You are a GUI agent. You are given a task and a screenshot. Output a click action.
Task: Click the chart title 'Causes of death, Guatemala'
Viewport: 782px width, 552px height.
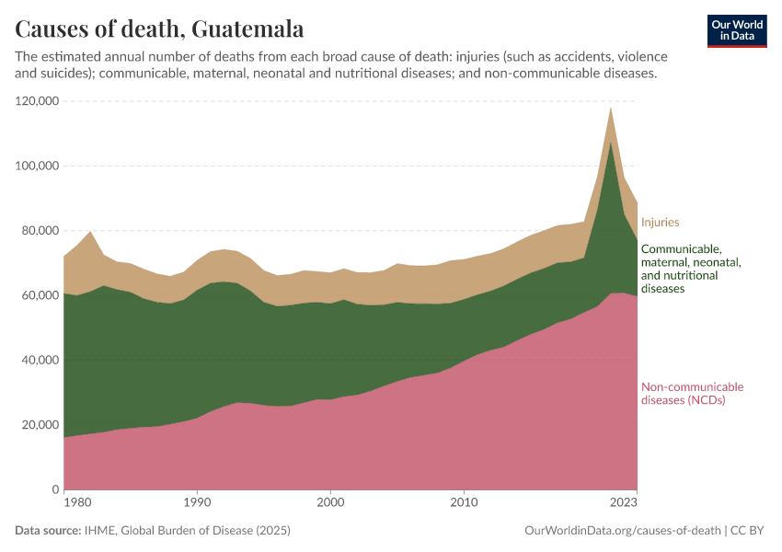pyautogui.click(x=159, y=29)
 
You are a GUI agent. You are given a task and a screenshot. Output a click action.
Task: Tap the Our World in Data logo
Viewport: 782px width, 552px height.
pyautogui.click(x=737, y=30)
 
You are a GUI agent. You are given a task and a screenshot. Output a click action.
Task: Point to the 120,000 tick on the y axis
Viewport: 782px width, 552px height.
pyautogui.click(x=38, y=101)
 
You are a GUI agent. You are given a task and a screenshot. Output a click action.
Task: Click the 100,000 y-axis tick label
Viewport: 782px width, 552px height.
pyautogui.click(x=38, y=166)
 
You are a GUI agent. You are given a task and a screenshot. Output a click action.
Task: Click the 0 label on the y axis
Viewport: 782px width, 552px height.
pyautogui.click(x=55, y=489)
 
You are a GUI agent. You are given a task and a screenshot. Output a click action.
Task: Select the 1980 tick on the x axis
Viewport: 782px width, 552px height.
pyautogui.click(x=77, y=502)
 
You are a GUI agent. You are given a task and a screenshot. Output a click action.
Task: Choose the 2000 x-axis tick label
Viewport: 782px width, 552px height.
pyautogui.click(x=330, y=502)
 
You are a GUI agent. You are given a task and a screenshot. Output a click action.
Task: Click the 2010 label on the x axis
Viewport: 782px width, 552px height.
pyautogui.click(x=464, y=502)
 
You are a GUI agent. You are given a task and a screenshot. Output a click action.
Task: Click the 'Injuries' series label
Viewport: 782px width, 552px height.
pyautogui.click(x=660, y=222)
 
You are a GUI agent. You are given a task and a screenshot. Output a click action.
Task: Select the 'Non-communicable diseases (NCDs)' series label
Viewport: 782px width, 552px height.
pyautogui.click(x=692, y=394)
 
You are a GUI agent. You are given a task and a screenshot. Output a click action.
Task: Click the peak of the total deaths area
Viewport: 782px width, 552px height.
pyautogui.click(x=610, y=108)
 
